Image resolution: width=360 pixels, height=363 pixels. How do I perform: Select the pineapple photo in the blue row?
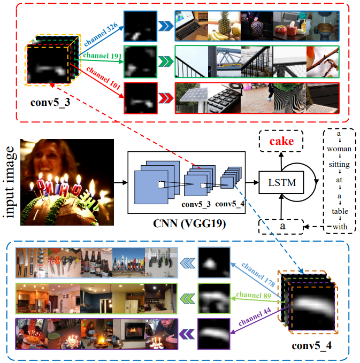(224, 25)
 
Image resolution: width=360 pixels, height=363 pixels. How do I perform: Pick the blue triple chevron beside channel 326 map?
(165, 25)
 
